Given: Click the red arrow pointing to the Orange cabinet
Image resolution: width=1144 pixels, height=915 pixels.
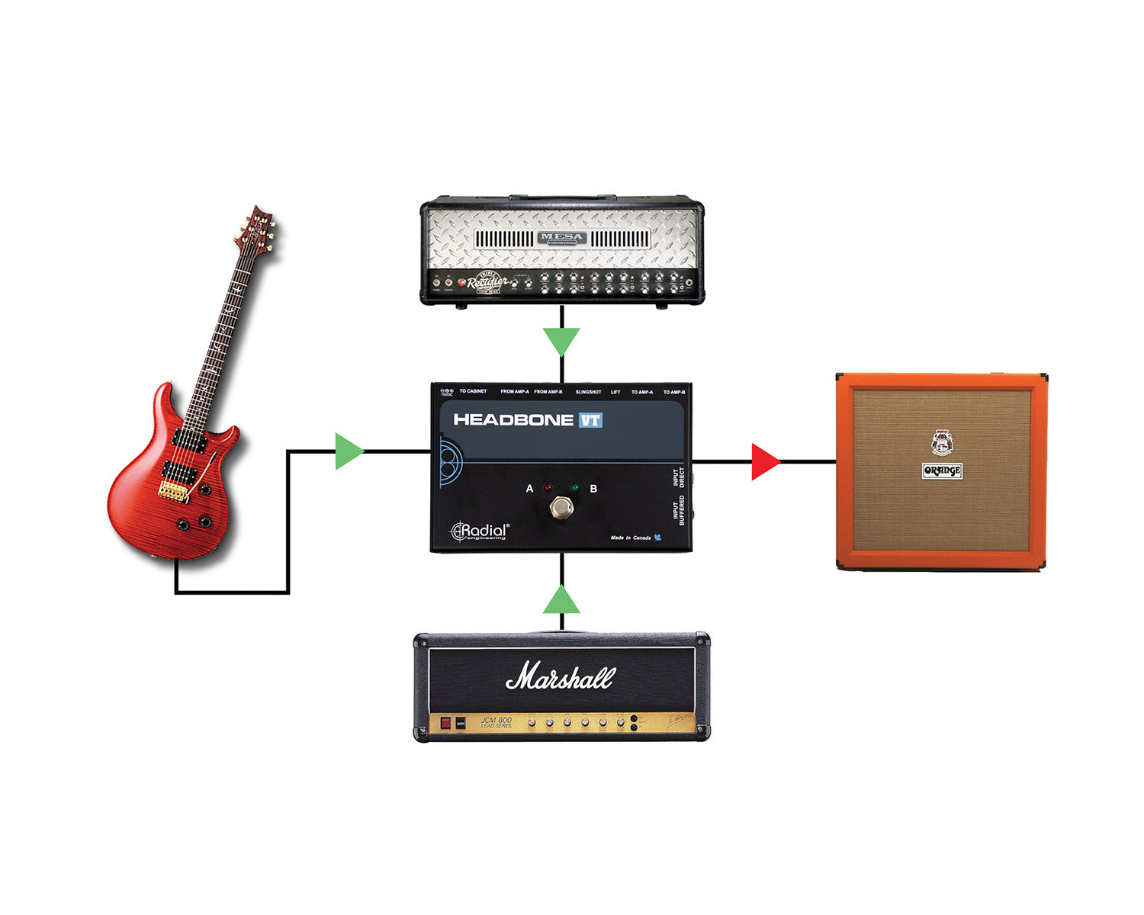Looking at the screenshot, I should click(764, 462).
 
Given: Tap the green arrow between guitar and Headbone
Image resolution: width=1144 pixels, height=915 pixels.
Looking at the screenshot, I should click(349, 451).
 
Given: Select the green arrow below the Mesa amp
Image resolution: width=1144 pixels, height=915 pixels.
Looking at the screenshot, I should click(561, 341).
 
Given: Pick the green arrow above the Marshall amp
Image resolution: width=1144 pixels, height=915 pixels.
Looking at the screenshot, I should click(561, 601).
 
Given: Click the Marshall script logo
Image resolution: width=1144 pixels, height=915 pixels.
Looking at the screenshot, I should click(561, 676).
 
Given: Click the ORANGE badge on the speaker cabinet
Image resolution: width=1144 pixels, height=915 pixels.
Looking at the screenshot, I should click(942, 470).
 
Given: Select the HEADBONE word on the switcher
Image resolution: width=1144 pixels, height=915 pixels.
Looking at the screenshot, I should click(513, 420).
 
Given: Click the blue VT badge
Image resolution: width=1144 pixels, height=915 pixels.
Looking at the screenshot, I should click(590, 420).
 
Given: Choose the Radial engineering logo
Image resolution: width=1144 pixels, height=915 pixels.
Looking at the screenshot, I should click(480, 531).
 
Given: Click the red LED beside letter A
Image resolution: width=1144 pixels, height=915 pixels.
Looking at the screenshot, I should click(548, 487).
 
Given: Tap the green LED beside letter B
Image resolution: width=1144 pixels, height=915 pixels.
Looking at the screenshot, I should click(575, 487).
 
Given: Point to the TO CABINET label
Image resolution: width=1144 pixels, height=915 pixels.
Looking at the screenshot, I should click(473, 391).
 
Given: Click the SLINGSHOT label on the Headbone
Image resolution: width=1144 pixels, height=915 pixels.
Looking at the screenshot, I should click(588, 392).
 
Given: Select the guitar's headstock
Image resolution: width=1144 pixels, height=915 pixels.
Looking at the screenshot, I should click(258, 228).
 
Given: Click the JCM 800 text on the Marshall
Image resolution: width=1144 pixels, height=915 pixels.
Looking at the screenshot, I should click(496, 720).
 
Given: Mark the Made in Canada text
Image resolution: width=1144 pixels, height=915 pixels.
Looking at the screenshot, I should click(631, 538).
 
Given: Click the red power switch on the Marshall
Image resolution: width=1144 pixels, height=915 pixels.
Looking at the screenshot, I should click(445, 723).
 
